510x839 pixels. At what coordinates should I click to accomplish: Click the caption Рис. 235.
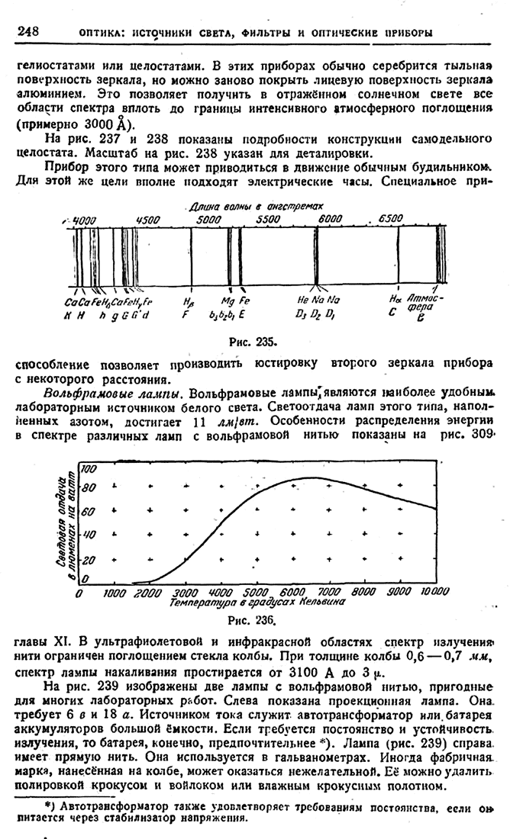pyautogui.click(x=252, y=340)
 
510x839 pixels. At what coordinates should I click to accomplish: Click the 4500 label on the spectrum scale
pyautogui.click(x=147, y=219)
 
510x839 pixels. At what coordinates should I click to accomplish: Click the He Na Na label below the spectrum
pyautogui.click(x=314, y=301)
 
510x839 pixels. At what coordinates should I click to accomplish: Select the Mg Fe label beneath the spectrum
pyautogui.click(x=231, y=301)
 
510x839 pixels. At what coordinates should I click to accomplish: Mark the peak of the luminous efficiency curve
pyautogui.click(x=309, y=478)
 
